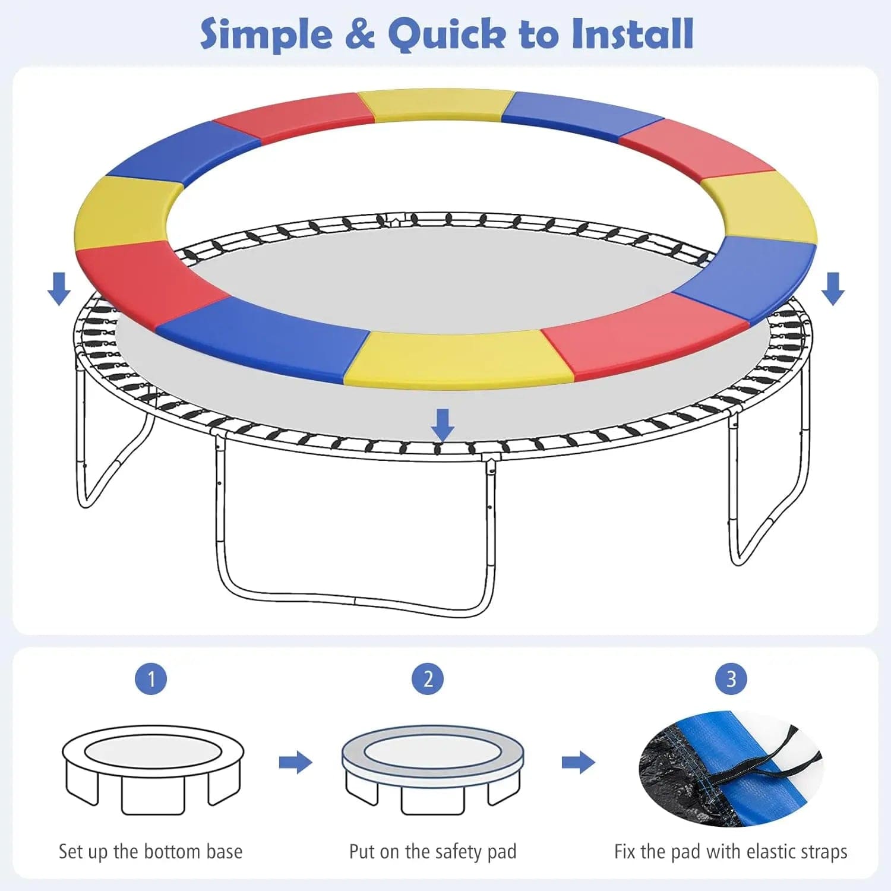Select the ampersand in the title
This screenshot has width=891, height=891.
tap(360, 34)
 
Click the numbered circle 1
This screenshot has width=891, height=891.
tap(151, 678)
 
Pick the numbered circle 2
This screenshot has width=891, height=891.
tap(428, 678)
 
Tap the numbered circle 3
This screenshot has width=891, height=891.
tap(731, 678)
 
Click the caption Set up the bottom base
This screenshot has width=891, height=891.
tap(150, 851)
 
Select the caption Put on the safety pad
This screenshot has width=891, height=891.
tap(432, 852)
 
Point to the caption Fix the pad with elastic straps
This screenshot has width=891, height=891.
tap(731, 852)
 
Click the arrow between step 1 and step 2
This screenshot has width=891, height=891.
tap(296, 762)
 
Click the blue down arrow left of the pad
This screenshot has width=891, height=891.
tap(59, 289)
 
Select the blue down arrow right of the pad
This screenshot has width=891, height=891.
tap(833, 289)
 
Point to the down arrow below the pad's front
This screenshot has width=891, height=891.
tap(442, 425)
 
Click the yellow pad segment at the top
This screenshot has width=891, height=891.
tap(437, 105)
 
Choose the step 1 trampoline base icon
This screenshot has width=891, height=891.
tap(153, 769)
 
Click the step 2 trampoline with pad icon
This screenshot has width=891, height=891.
tap(432, 769)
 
